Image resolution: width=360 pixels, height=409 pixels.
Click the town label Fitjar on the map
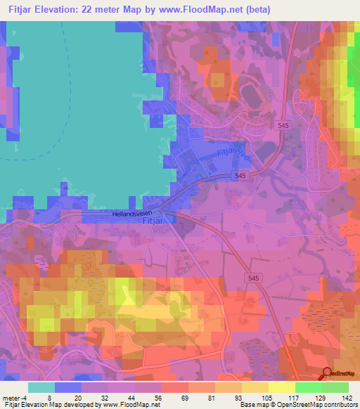(x=153, y=221)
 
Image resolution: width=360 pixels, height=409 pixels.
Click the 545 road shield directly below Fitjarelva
(x=240, y=176)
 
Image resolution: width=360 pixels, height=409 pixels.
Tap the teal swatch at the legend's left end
(x=41, y=387)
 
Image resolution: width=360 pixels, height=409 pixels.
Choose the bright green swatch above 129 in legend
(x=308, y=387)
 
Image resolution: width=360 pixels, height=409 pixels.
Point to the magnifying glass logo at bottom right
(x=327, y=374)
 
